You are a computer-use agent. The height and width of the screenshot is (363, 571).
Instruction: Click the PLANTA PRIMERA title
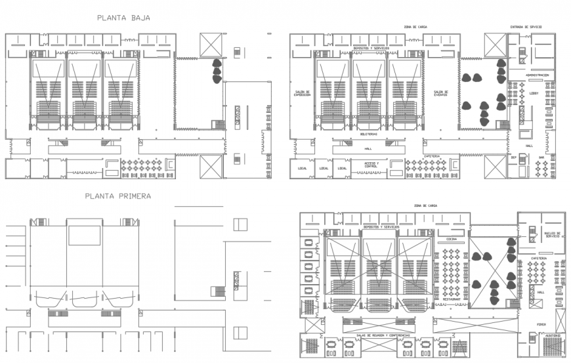pyautogui.click(x=118, y=196)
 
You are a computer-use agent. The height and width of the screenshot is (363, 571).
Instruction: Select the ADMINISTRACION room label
pyautogui.click(x=537, y=75)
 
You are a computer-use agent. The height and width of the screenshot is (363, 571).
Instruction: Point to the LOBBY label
pyautogui.click(x=533, y=93)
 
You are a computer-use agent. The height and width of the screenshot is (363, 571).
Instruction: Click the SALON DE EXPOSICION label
pyautogui.click(x=302, y=93)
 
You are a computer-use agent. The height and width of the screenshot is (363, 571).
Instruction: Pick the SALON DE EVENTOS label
pyautogui.click(x=440, y=93)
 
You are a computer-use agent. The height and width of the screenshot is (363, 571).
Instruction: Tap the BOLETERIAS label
pyautogui.click(x=368, y=134)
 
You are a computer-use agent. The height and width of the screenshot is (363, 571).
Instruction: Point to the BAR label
pyautogui.click(x=541, y=157)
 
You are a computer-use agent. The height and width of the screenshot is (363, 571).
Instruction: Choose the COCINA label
pyautogui.click(x=451, y=240)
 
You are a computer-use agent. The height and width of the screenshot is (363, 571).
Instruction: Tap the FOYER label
pyautogui.click(x=541, y=324)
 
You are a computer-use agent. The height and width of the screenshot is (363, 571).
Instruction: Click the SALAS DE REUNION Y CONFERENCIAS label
pyautogui.click(x=387, y=335)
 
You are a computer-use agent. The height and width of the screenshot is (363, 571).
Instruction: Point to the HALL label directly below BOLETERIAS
pyautogui.click(x=368, y=148)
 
